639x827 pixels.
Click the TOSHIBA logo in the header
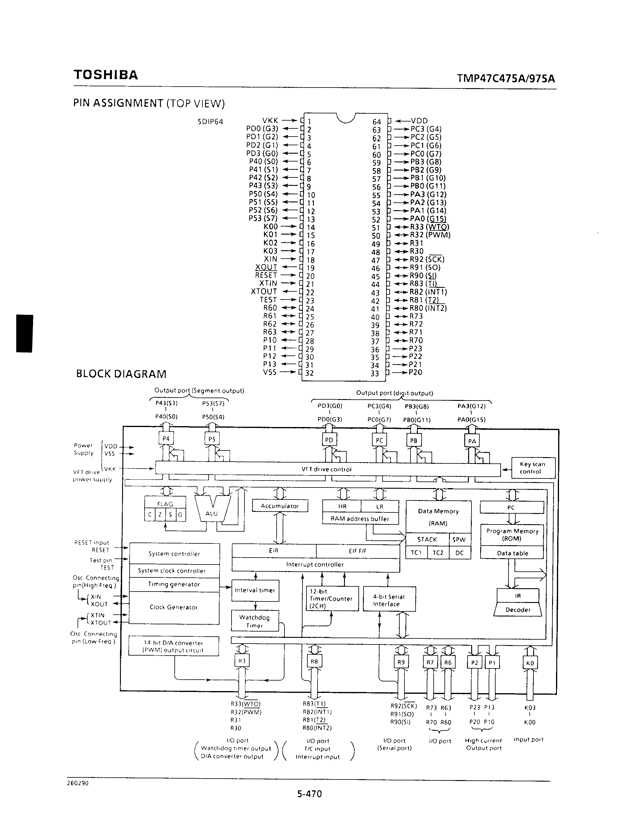coord(106,75)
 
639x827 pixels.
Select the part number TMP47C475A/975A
coord(505,78)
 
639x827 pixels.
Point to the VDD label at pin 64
coord(419,121)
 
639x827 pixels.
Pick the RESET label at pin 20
coord(266,275)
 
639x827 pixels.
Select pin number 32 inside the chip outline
coord(310,373)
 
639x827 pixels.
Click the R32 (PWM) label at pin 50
coord(430,235)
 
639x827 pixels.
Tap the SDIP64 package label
coord(210,121)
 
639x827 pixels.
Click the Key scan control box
coord(533,468)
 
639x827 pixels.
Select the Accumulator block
coord(280,506)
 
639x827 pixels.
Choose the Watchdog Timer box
coord(255,621)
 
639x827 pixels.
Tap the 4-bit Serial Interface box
coord(389,600)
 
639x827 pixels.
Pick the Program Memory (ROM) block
coord(512,535)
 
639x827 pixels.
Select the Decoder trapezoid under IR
coord(518,610)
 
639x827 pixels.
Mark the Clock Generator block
coord(174,607)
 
